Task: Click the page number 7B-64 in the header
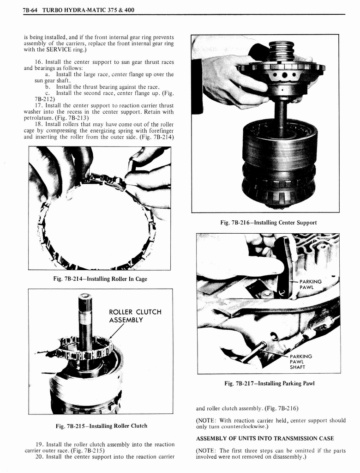pyautogui.click(x=31, y=10)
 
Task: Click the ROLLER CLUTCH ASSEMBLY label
pyautogui.click(x=135, y=316)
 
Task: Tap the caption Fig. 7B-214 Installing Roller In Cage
pyautogui.click(x=100, y=279)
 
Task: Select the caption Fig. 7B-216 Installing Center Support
pyautogui.click(x=269, y=223)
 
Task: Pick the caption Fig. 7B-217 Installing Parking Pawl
pyautogui.click(x=269, y=383)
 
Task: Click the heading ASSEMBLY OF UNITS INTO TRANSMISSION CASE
pyautogui.click(x=265, y=438)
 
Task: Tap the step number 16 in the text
pyautogui.click(x=39, y=62)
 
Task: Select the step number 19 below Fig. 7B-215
pyautogui.click(x=39, y=444)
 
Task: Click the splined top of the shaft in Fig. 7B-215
pyautogui.click(x=84, y=302)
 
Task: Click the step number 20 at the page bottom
pyautogui.click(x=39, y=457)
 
